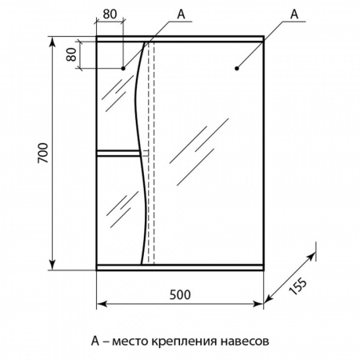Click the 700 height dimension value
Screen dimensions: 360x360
click(42, 153)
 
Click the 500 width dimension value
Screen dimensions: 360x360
click(180, 294)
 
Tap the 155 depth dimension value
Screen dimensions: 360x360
click(298, 286)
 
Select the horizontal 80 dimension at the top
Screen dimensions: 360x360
click(110, 14)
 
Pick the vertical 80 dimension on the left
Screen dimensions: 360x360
click(72, 54)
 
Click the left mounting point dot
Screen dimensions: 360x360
click(123, 69)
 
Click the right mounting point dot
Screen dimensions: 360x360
click(237, 69)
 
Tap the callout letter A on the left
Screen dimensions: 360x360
click(181, 14)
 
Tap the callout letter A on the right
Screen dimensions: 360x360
click(294, 14)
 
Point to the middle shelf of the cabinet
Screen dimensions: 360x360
click(118, 153)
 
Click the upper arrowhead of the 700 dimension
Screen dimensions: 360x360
click(53, 42)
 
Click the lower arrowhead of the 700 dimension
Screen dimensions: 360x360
click(53, 264)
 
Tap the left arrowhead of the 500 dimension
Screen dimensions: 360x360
click(102, 304)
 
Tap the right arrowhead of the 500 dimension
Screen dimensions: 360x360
click(258, 304)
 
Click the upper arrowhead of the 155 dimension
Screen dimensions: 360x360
click(311, 257)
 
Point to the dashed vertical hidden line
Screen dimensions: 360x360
click(151, 153)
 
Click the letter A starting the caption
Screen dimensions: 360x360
click(95, 341)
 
